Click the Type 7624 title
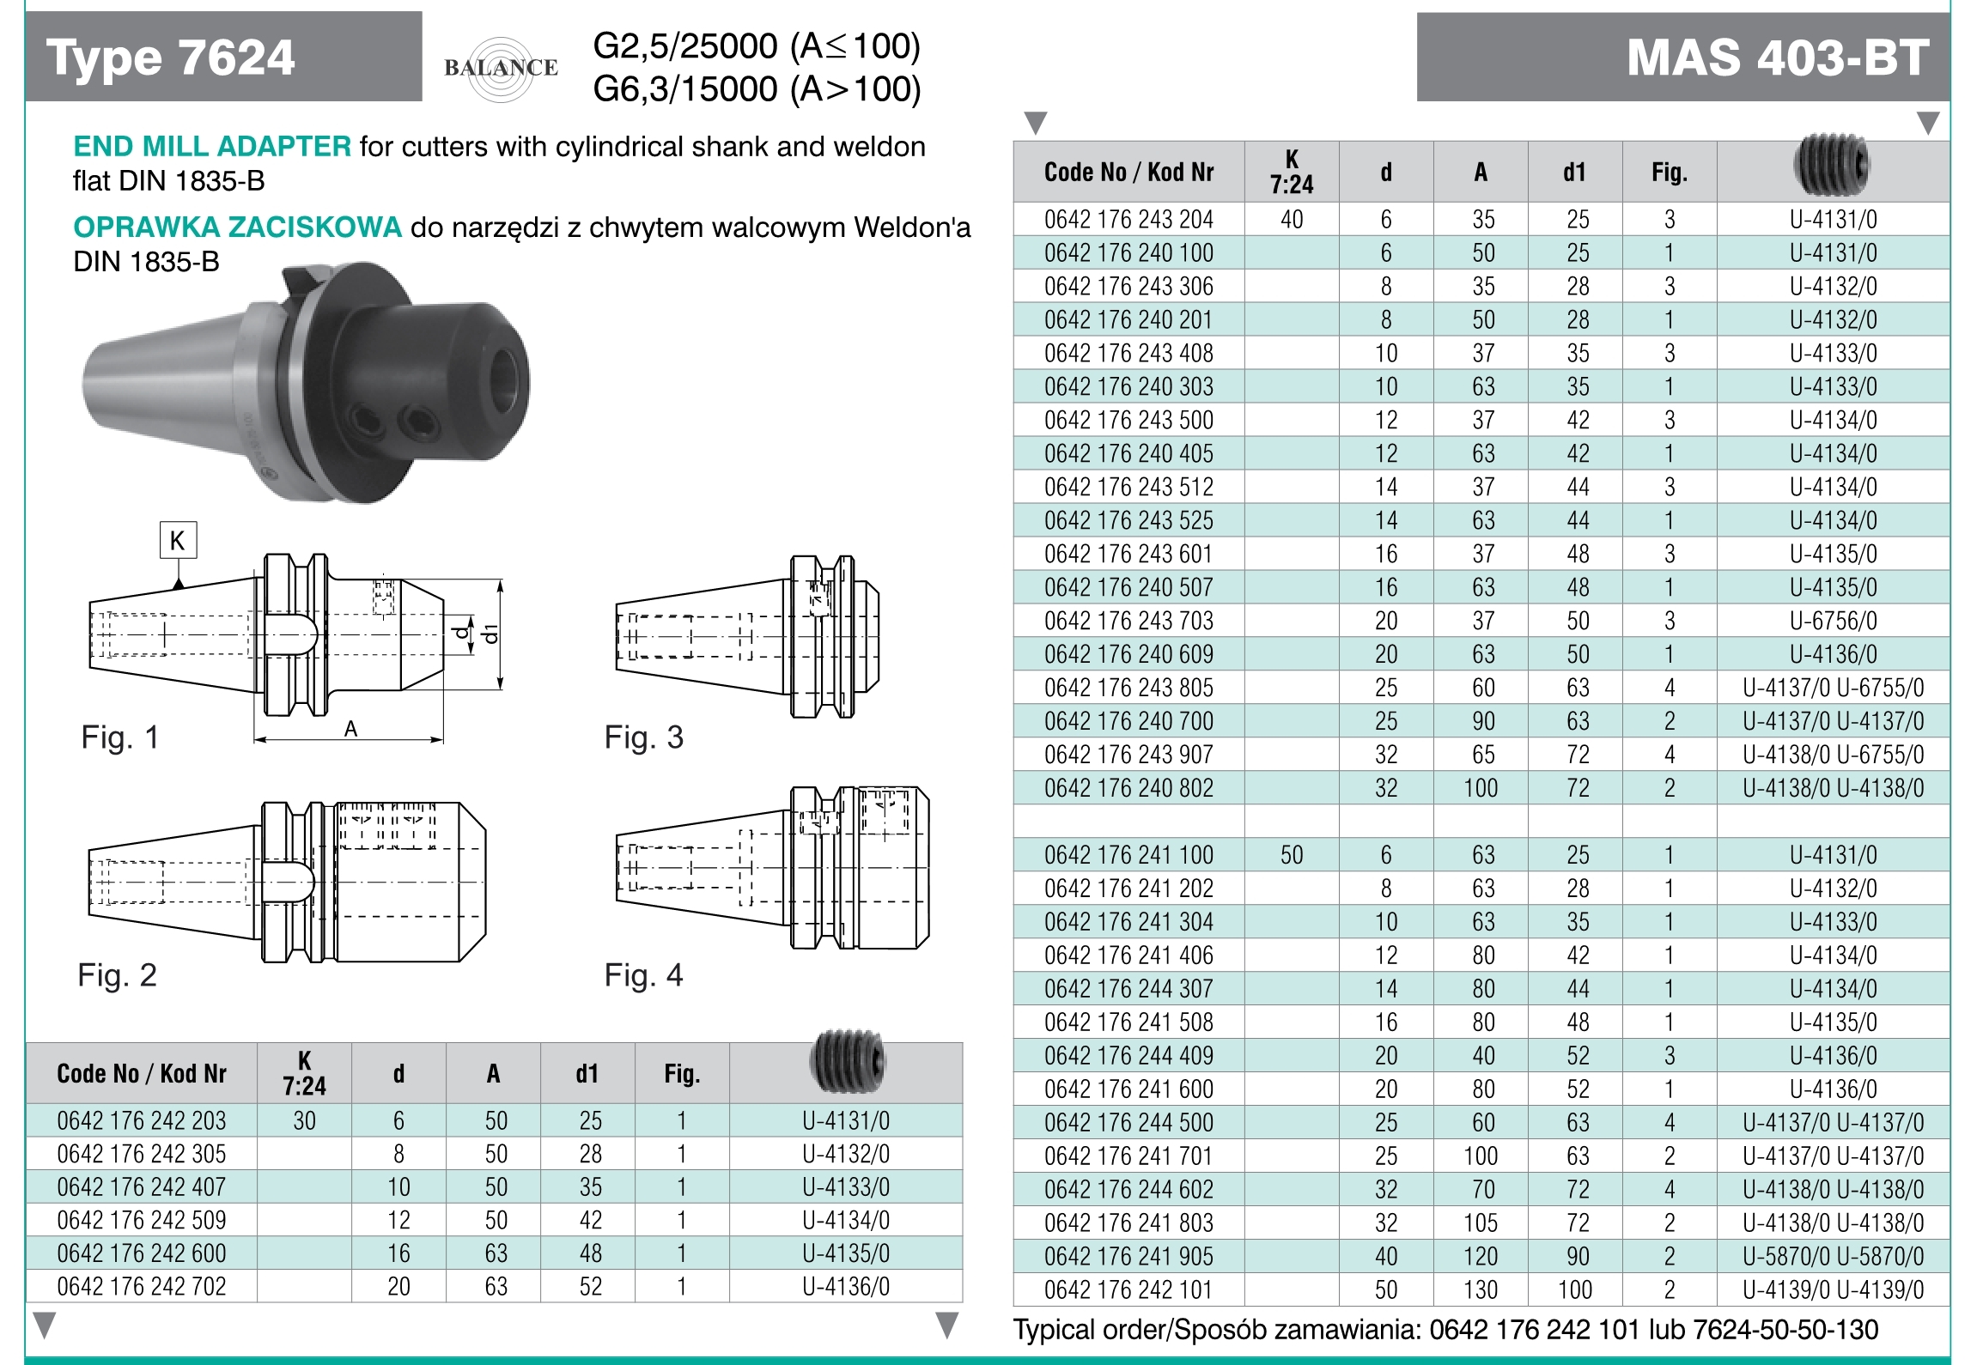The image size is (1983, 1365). [170, 58]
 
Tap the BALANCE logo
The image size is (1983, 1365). [501, 68]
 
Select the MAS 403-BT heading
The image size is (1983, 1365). [1777, 58]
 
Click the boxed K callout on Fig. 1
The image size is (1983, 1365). [178, 541]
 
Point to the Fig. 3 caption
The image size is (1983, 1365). [643, 737]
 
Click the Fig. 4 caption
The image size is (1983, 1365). [643, 975]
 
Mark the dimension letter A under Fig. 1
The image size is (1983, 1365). [350, 730]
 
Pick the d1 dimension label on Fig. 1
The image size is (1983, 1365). [490, 634]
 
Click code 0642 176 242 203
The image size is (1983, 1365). [142, 1120]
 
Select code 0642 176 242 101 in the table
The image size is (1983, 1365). [1128, 1289]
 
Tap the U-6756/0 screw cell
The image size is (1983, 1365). [1833, 621]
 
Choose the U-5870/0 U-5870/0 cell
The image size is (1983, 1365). [1833, 1256]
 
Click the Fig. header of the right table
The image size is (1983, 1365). [1669, 173]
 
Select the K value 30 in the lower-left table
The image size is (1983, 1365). [304, 1120]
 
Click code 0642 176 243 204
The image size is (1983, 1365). [1128, 220]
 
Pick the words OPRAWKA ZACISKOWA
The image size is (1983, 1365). [237, 227]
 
